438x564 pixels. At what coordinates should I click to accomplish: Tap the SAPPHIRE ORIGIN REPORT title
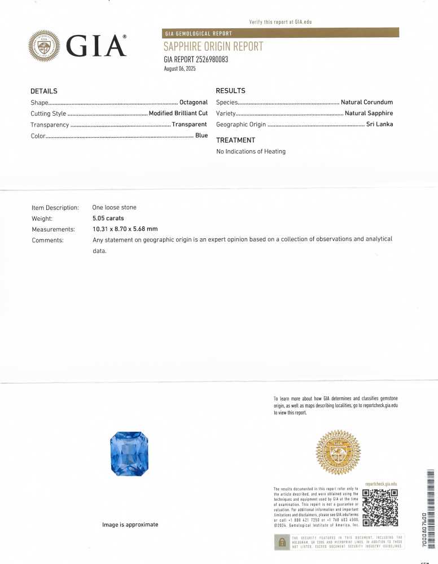click(x=213, y=47)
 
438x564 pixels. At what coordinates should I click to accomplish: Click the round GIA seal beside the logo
click(x=44, y=46)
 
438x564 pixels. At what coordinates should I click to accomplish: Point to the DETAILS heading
click(x=43, y=91)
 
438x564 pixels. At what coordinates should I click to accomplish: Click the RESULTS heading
click(x=230, y=91)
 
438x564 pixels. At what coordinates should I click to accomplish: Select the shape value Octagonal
click(x=193, y=102)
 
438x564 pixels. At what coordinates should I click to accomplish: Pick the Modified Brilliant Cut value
click(x=178, y=113)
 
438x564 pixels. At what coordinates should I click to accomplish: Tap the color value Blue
click(x=202, y=135)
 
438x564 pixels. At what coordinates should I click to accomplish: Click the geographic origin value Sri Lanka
click(x=379, y=124)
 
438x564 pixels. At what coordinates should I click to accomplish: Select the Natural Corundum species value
click(x=366, y=102)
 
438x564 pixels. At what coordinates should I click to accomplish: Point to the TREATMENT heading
click(x=235, y=140)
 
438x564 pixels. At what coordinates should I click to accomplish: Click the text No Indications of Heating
click(x=251, y=151)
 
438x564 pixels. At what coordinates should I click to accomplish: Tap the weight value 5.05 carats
click(x=108, y=218)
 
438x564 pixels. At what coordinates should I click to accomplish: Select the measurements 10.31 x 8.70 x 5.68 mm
click(x=125, y=229)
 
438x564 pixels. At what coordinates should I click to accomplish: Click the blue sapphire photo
click(x=129, y=453)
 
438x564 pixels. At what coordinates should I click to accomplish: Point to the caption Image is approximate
click(x=130, y=524)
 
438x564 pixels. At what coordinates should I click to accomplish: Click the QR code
click(x=380, y=507)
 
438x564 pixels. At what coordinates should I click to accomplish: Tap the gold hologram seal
click(x=338, y=452)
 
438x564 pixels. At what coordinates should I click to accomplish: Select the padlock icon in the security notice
click(x=282, y=542)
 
